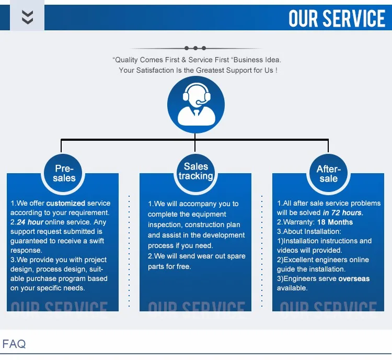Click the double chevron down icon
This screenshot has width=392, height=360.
tap(28, 17)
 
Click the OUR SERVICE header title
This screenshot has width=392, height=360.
tap(337, 18)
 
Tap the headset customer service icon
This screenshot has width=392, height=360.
tap(196, 105)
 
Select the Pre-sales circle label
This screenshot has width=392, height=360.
tap(64, 173)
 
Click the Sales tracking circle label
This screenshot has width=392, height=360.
tap(196, 171)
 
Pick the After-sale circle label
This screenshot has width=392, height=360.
tap(329, 174)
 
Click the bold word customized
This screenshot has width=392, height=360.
tap(66, 203)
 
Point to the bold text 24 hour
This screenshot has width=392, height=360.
tap(30, 222)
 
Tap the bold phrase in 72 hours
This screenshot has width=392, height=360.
tap(343, 213)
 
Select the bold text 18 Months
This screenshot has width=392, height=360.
tap(335, 222)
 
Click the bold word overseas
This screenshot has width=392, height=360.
tap(354, 279)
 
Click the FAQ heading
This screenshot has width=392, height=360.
tap(14, 344)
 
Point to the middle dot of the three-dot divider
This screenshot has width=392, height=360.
tap(195, 48)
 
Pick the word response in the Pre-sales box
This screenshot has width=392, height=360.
tap(26, 250)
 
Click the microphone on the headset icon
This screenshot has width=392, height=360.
tap(201, 102)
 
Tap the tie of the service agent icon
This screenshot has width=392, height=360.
tap(197, 113)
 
